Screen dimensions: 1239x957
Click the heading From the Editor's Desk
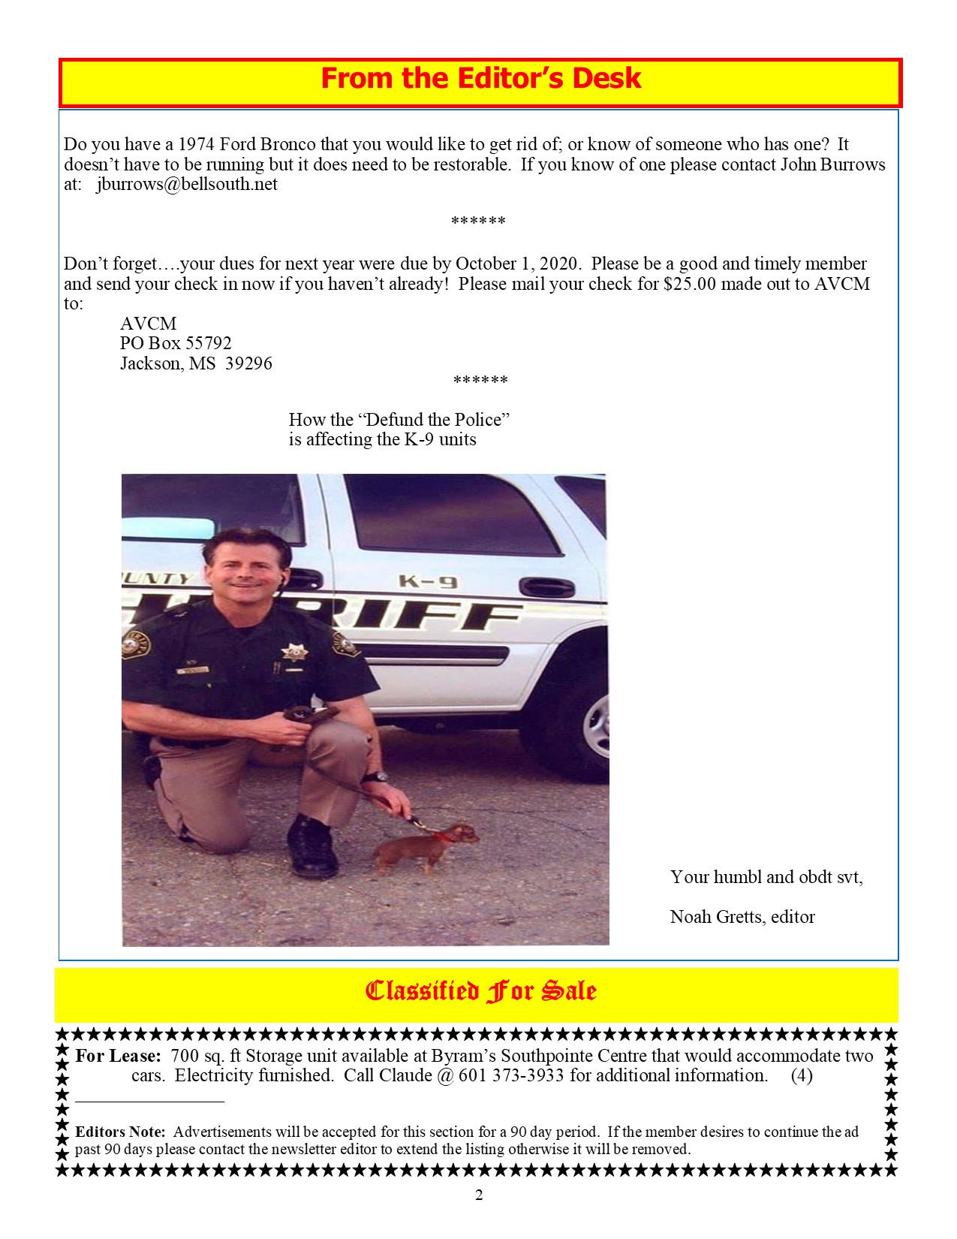point(480,79)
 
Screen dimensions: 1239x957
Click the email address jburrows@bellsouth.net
point(187,184)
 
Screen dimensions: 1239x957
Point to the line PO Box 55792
point(176,343)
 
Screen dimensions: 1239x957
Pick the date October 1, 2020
point(517,264)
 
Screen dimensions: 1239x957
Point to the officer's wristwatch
point(381,777)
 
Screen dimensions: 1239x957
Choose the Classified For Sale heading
point(480,991)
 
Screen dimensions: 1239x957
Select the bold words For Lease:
point(118,1055)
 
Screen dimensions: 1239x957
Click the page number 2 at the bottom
point(479,1195)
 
